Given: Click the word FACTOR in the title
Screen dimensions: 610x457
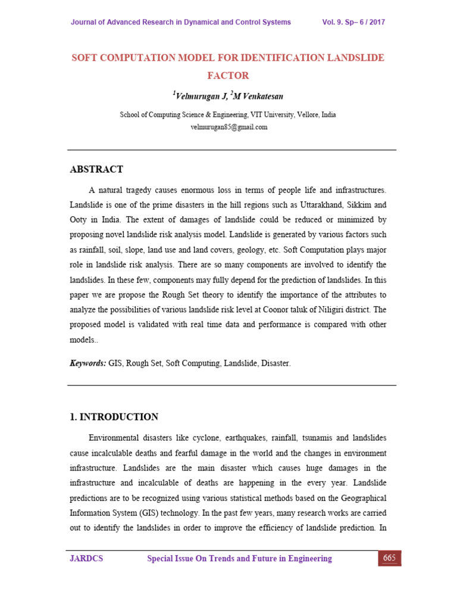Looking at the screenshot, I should [228, 76].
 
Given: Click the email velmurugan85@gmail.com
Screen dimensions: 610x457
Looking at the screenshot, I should [228, 127].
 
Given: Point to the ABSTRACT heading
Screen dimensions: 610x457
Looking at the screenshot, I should [96, 169].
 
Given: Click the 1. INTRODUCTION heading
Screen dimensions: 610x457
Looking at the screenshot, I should [114, 417].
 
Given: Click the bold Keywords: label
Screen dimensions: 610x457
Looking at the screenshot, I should [88, 363].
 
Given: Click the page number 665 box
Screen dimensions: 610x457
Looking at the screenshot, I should [390, 558].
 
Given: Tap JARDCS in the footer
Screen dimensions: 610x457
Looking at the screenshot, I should [86, 559].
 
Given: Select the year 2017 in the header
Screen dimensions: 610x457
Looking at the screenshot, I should [376, 22].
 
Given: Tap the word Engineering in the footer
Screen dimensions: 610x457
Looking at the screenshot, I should [305, 559].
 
